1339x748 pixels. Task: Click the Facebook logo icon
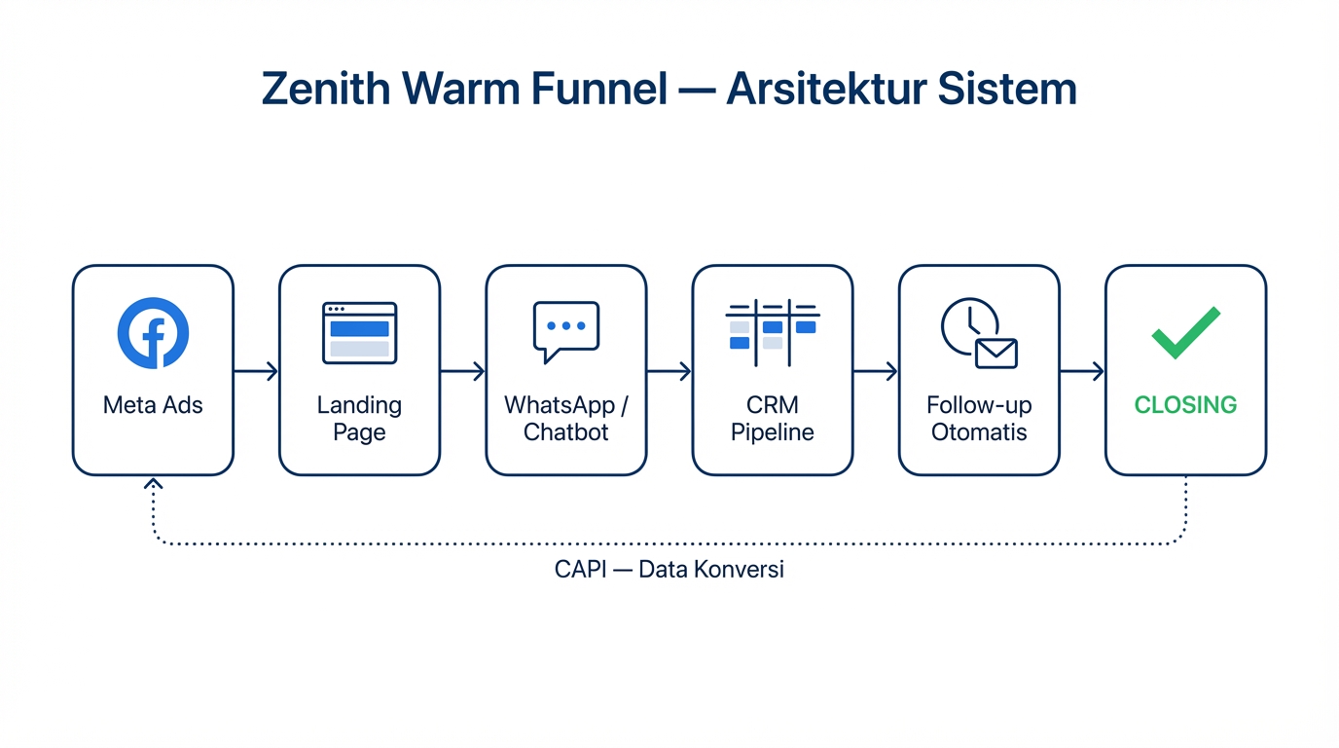pyautogui.click(x=153, y=333)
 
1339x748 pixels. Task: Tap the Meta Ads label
pyautogui.click(x=153, y=405)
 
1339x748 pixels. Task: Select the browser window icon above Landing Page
pyautogui.click(x=359, y=333)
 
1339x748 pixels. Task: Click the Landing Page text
pyautogui.click(x=359, y=419)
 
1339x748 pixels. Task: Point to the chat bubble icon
pyautogui.click(x=565, y=331)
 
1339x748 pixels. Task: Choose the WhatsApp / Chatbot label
pyautogui.click(x=565, y=419)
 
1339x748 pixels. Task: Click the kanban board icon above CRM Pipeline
pyautogui.click(x=773, y=331)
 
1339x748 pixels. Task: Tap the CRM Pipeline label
pyautogui.click(x=773, y=419)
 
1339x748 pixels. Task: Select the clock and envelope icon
pyautogui.click(x=978, y=333)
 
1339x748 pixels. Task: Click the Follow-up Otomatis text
pyautogui.click(x=979, y=419)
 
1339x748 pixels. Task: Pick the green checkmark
pyautogui.click(x=1185, y=332)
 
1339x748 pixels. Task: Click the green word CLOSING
pyautogui.click(x=1185, y=405)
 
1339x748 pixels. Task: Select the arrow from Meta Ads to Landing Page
pyautogui.click(x=256, y=371)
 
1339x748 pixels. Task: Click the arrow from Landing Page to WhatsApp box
pyautogui.click(x=462, y=371)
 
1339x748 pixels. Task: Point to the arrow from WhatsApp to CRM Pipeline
pyautogui.click(x=669, y=371)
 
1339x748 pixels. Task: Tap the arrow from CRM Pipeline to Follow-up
pyautogui.click(x=875, y=371)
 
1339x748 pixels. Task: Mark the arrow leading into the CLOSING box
pyautogui.click(x=1081, y=371)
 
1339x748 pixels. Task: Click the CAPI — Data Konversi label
pyautogui.click(x=669, y=570)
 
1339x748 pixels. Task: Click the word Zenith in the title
pyautogui.click(x=327, y=90)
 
